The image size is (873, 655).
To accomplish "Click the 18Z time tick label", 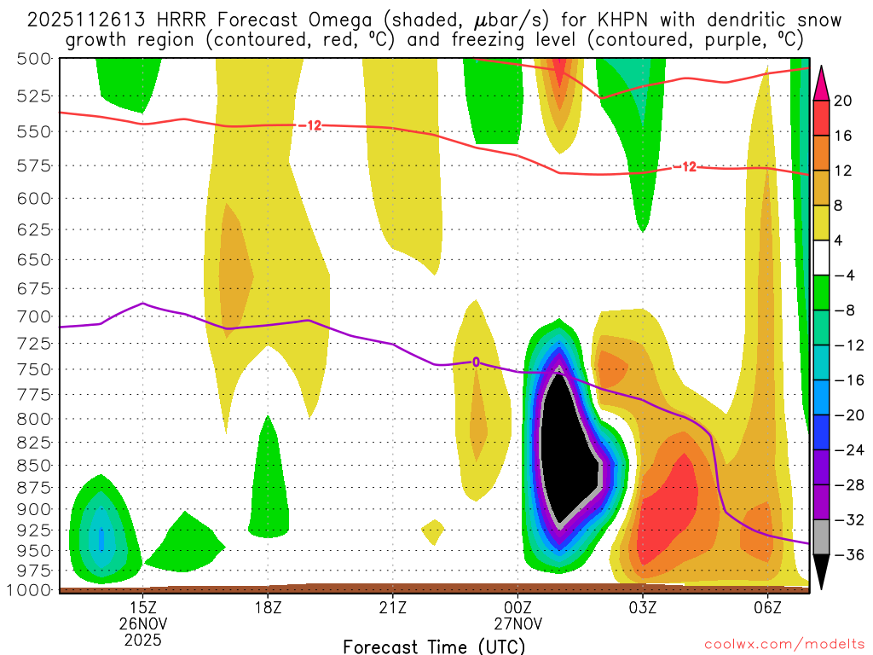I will [x=268, y=607].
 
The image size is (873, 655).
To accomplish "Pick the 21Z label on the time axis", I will [x=392, y=607].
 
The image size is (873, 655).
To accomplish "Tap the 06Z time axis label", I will [x=768, y=607].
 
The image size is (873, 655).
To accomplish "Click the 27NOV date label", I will [x=517, y=623].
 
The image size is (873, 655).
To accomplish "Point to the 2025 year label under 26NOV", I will [x=142, y=638].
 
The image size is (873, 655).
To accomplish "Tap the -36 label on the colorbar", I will [x=847, y=555].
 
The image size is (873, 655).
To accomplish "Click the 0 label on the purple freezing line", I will [x=476, y=362].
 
